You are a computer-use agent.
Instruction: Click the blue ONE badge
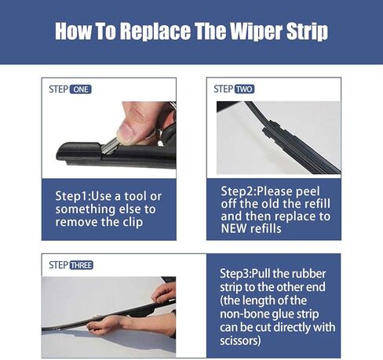(x=80, y=89)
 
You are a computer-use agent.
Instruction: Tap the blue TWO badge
(x=243, y=89)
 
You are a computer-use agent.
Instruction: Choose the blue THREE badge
(x=81, y=265)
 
